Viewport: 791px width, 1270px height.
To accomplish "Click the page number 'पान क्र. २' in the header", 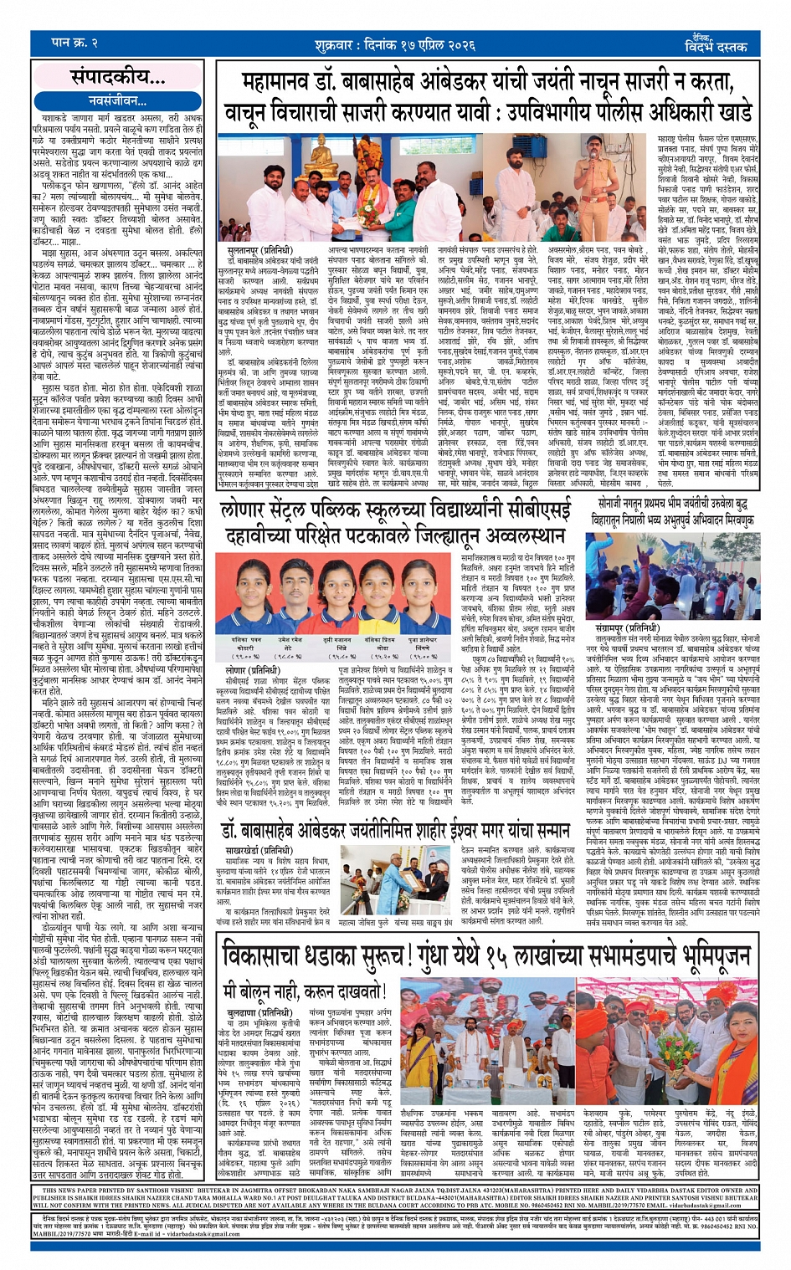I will pos(74,41).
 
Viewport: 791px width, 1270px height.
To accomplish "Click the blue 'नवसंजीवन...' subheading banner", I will pos(116,100).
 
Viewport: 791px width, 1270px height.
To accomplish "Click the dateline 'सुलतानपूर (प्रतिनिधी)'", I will pos(259,249).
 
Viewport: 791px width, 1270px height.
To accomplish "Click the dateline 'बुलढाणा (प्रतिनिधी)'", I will pos(252,1012).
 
